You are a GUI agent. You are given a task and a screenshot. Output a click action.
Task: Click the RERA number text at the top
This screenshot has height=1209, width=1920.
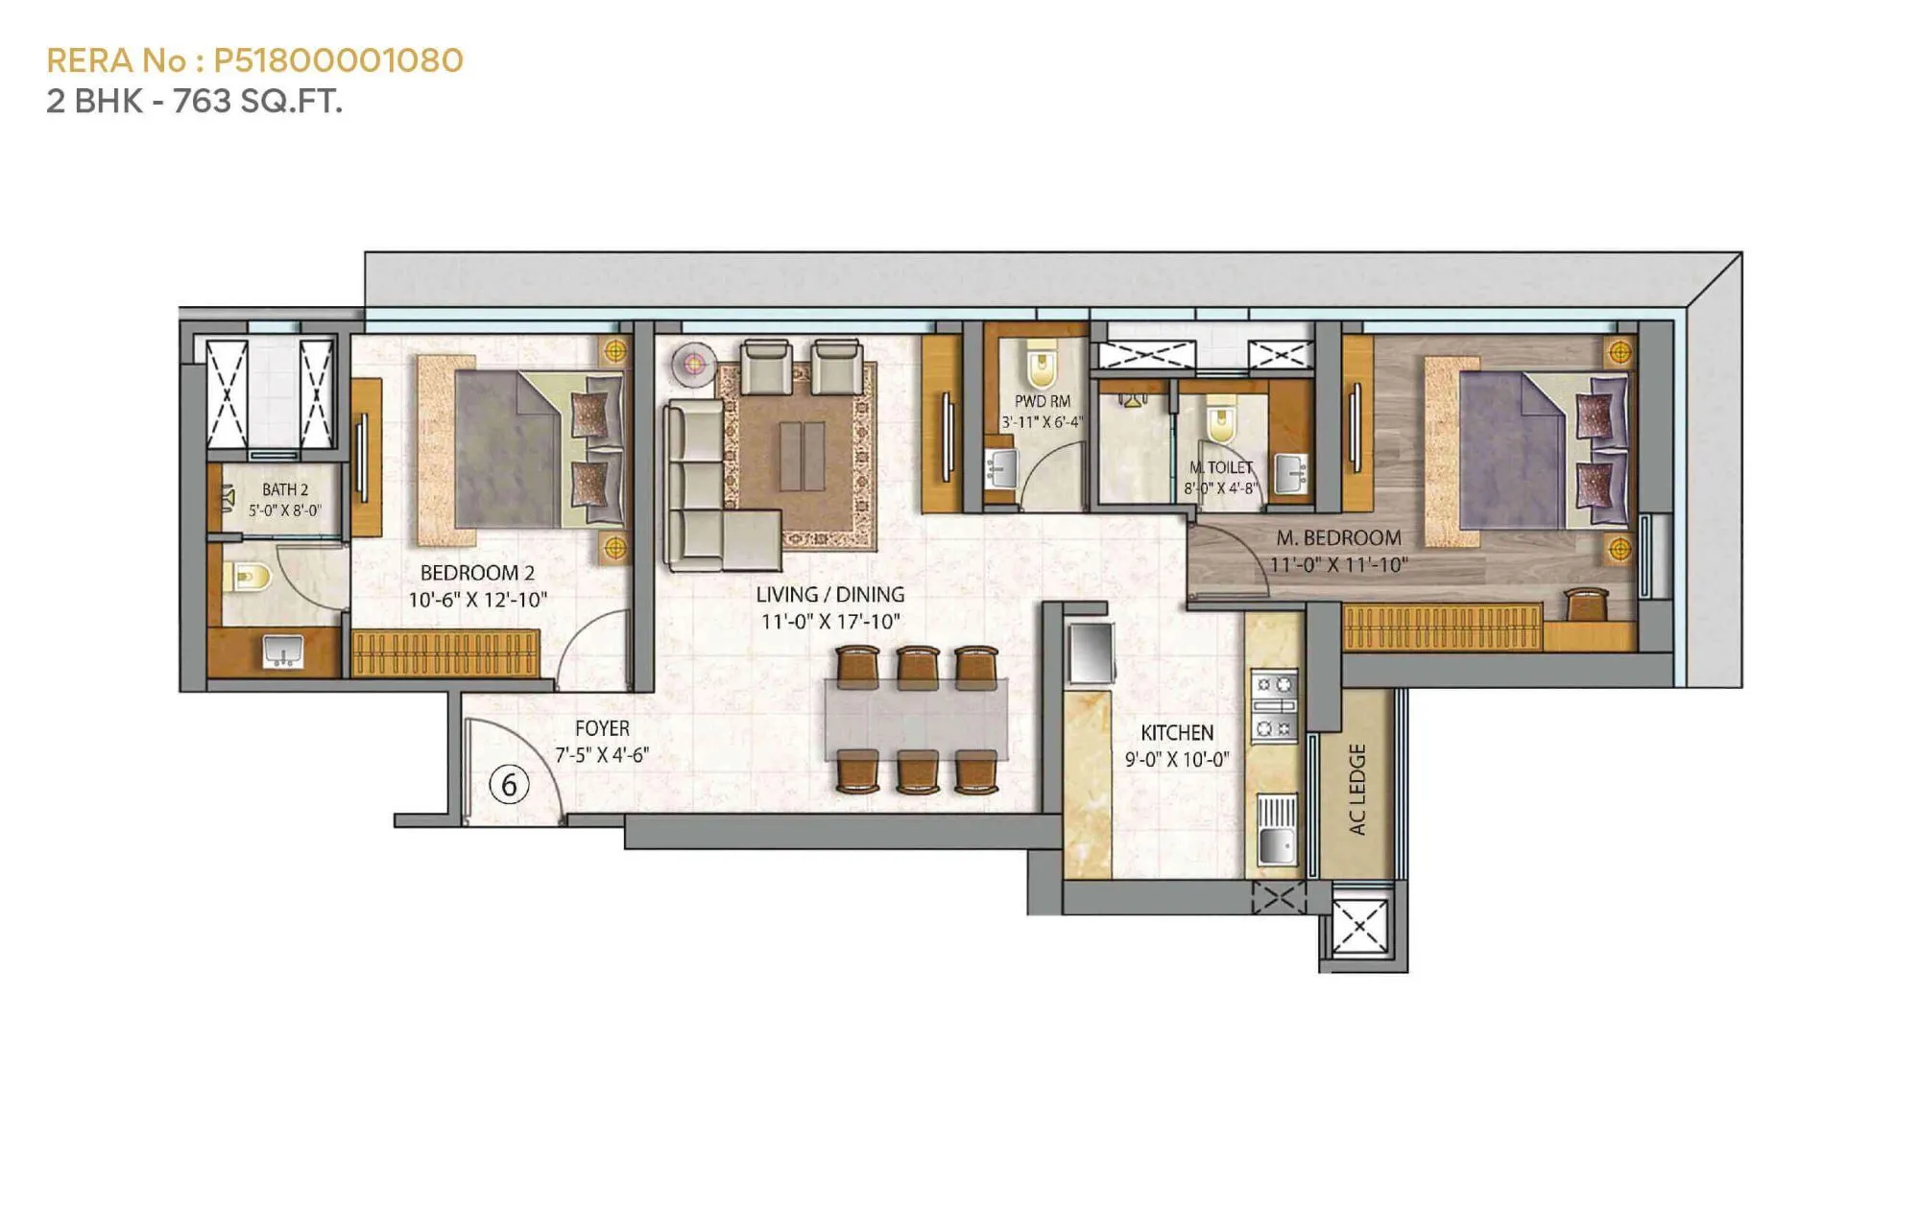(254, 60)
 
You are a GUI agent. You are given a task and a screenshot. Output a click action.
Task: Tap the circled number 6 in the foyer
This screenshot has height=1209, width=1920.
(509, 784)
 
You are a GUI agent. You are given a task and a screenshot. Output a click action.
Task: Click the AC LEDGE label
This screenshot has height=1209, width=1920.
(1356, 789)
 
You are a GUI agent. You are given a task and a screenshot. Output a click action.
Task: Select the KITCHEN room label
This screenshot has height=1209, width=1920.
(1177, 733)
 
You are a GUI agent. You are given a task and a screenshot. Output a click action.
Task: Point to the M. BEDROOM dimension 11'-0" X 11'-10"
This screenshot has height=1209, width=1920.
(1338, 565)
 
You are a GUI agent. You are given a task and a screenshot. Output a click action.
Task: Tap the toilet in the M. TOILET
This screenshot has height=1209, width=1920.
(1220, 424)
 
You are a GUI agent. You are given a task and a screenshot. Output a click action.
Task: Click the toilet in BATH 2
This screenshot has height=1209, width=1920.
(248, 577)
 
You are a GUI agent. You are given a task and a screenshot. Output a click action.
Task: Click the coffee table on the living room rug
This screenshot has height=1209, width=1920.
(802, 455)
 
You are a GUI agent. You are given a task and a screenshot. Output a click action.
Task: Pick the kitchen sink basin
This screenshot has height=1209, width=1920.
(1276, 845)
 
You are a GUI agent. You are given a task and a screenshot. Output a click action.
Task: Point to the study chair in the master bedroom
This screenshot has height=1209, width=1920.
(1587, 604)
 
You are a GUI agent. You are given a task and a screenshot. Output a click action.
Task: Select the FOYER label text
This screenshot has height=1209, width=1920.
(602, 729)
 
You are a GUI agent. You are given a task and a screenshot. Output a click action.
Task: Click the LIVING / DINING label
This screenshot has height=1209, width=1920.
(829, 595)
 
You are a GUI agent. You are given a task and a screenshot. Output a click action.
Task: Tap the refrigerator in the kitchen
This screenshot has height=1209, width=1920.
(1090, 652)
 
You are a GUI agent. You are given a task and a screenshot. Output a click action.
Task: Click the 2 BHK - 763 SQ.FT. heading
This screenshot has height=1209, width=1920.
(194, 101)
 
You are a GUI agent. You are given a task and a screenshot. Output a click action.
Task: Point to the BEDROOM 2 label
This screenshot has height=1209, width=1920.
(477, 573)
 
